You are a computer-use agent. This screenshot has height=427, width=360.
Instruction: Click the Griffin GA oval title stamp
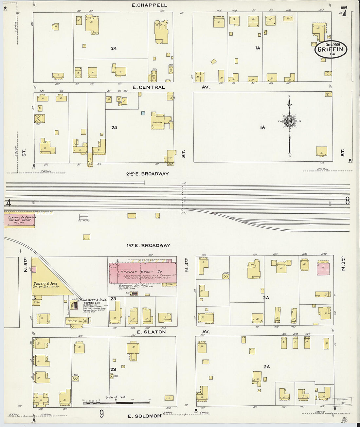[331, 49]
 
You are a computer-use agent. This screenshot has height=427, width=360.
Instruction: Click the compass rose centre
[289, 121]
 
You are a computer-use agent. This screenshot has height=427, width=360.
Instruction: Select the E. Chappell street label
[149, 5]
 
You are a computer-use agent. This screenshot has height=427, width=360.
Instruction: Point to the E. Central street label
[148, 87]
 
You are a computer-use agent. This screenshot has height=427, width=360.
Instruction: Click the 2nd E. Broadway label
[148, 174]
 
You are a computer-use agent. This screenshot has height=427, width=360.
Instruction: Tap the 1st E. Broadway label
[148, 245]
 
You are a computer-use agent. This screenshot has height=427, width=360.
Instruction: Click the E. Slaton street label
[151, 332]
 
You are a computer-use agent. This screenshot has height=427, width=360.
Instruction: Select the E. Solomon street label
[144, 416]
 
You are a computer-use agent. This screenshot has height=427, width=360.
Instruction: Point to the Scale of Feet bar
[116, 402]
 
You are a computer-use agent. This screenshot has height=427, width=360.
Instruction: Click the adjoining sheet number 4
[9, 203]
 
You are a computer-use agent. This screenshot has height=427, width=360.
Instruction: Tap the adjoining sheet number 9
[101, 414]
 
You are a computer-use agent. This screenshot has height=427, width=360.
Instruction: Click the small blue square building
[143, 113]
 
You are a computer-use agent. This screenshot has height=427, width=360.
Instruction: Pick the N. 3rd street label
[343, 264]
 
